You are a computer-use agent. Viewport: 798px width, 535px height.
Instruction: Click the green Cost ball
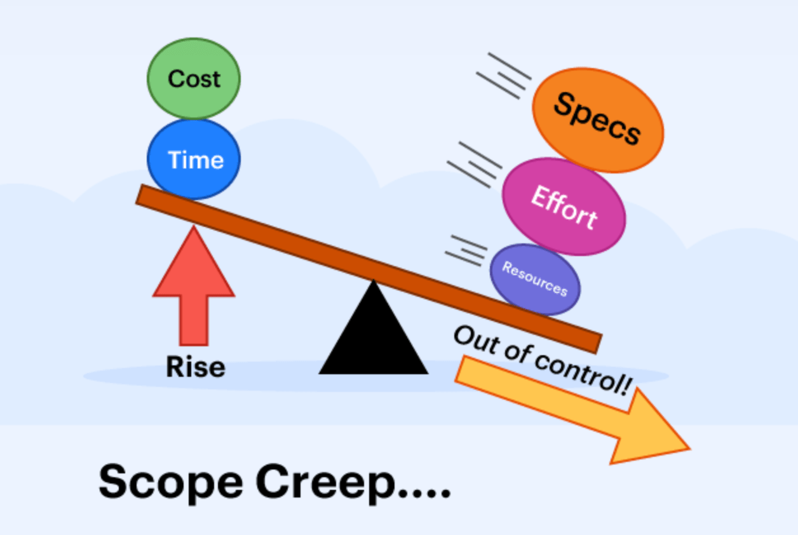click(x=194, y=79)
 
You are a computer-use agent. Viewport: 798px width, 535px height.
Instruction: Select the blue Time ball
click(x=194, y=159)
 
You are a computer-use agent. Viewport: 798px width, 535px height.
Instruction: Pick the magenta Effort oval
click(x=564, y=207)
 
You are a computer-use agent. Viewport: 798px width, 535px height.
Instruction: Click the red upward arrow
click(x=194, y=286)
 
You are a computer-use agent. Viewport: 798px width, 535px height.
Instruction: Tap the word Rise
click(x=195, y=367)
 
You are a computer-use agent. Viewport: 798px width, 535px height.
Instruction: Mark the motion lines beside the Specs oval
click(x=504, y=75)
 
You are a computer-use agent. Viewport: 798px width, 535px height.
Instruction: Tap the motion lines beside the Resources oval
click(x=466, y=250)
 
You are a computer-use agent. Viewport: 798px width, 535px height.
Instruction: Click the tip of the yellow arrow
click(x=687, y=449)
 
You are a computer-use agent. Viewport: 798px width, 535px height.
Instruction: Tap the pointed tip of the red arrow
click(x=193, y=229)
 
